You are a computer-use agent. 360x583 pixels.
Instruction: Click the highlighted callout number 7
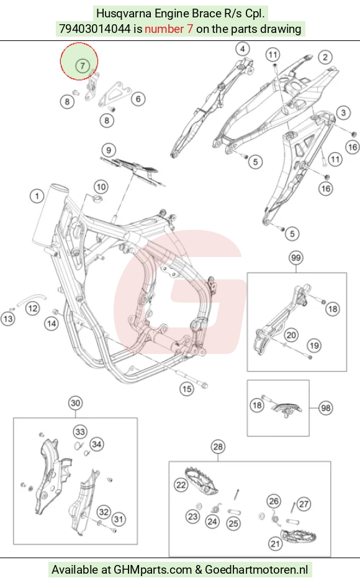click(x=82, y=66)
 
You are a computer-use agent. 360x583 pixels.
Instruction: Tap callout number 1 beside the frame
click(x=37, y=196)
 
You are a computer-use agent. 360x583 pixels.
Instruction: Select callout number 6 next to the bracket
click(x=138, y=99)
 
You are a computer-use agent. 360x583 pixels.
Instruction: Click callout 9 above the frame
click(x=109, y=150)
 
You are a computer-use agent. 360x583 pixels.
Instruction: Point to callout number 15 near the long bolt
click(x=186, y=389)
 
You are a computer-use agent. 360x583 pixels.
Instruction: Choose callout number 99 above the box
click(x=295, y=258)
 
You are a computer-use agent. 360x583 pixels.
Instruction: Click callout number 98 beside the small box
click(x=326, y=408)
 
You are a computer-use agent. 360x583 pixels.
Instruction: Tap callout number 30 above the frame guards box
click(x=76, y=403)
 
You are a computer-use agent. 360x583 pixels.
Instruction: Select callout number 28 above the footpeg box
click(x=218, y=446)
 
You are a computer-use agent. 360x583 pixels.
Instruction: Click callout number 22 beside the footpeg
click(x=181, y=485)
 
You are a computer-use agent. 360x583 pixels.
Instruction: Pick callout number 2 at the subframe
click(x=325, y=57)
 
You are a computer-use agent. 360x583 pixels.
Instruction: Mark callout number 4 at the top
click(x=243, y=48)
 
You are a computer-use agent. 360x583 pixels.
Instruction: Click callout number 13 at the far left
click(x=8, y=319)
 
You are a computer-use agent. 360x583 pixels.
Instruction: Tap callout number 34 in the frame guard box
click(x=97, y=445)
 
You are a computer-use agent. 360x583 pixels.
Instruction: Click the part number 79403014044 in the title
click(x=95, y=29)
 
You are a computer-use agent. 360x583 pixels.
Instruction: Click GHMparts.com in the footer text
click(x=153, y=569)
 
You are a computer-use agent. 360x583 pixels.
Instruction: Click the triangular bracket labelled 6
click(x=114, y=95)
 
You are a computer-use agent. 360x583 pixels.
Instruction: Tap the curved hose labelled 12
click(x=33, y=300)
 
